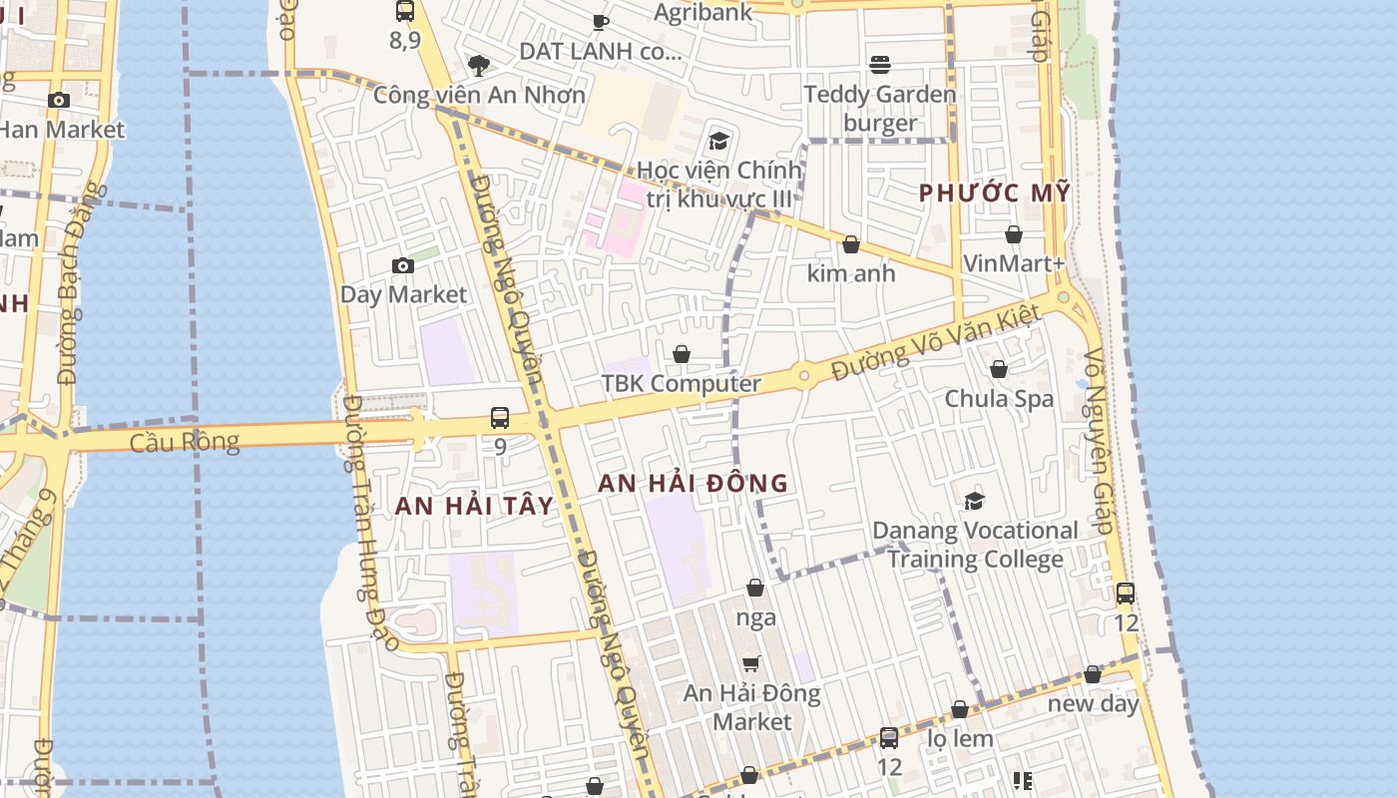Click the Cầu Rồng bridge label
point(185,441)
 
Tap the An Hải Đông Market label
point(752,707)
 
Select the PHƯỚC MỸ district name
point(994,193)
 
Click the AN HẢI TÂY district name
point(474,505)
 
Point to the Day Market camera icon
point(403,265)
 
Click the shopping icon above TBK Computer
point(682,354)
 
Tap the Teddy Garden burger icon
point(880,65)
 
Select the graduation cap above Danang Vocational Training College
point(974,501)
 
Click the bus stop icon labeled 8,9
point(405,11)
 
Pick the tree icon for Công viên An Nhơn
point(479,66)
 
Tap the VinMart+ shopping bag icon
point(1014,234)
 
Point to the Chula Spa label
point(999,398)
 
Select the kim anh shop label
point(851,273)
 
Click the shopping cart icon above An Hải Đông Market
point(751,663)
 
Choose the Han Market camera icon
point(59,100)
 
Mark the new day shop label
point(1093,703)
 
